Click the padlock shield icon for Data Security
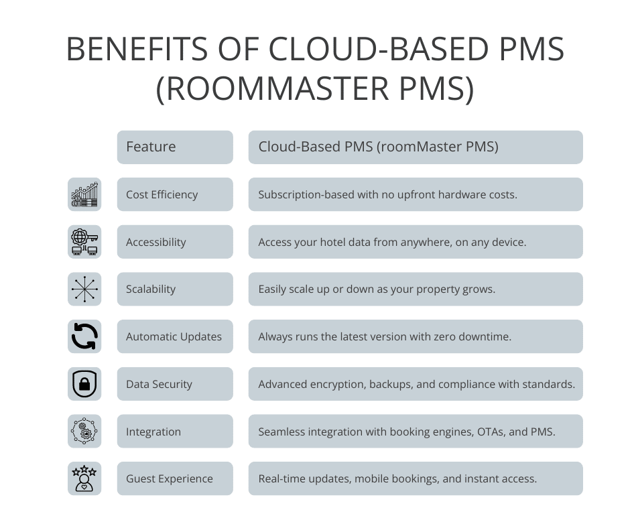[x=84, y=384]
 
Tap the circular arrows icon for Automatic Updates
[x=84, y=336]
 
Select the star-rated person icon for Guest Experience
[x=84, y=478]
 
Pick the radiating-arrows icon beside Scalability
[x=84, y=289]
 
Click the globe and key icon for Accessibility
[x=84, y=242]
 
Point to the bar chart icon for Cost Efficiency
[x=84, y=194]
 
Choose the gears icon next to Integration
[x=84, y=432]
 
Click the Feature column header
[x=151, y=147]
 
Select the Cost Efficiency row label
[x=162, y=194]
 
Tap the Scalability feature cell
[x=151, y=289]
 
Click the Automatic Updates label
[x=174, y=336]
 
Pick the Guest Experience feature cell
[x=169, y=478]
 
